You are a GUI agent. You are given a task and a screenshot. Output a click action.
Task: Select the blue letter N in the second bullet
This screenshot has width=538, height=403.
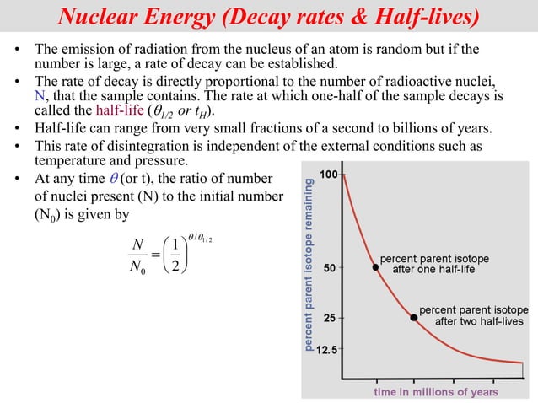pyautogui.click(x=39, y=98)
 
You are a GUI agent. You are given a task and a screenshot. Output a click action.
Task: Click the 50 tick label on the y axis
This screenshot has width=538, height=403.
pyautogui.click(x=331, y=269)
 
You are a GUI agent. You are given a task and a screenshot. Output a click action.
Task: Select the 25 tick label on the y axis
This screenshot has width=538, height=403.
pyautogui.click(x=331, y=319)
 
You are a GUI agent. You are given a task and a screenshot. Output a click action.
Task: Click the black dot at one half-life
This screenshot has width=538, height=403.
pyautogui.click(x=375, y=266)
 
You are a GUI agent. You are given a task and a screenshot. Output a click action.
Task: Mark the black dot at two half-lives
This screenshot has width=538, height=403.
pyautogui.click(x=413, y=317)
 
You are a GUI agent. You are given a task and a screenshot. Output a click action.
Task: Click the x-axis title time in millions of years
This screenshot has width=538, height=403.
pyautogui.click(x=435, y=392)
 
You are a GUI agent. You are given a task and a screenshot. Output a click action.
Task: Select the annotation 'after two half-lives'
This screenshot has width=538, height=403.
pyautogui.click(x=478, y=321)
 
